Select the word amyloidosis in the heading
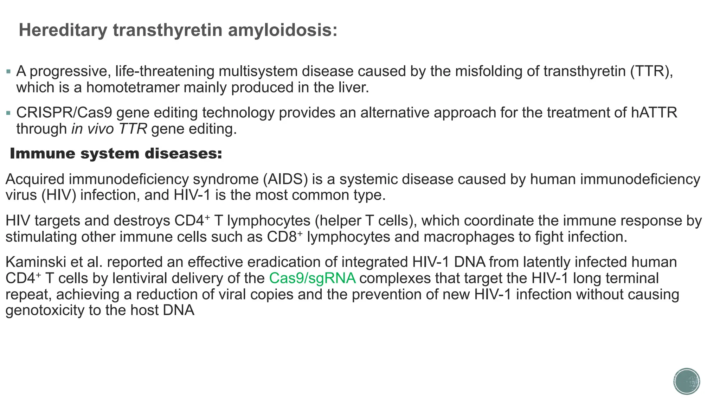(283, 30)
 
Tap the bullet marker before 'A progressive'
(8, 72)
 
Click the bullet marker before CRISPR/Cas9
(8, 114)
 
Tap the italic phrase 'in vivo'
(92, 129)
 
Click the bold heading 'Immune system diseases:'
(116, 154)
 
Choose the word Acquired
(34, 179)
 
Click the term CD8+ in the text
(284, 237)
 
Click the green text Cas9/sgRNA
(312, 278)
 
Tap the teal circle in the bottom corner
(687, 381)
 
